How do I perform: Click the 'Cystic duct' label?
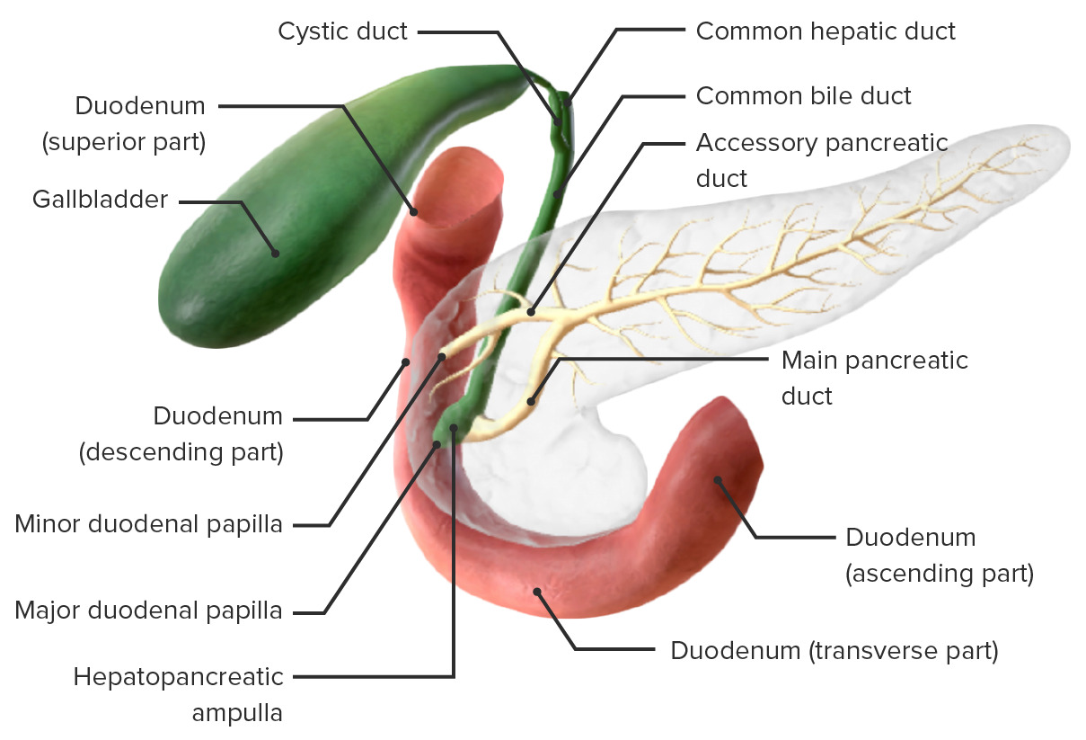click(342, 31)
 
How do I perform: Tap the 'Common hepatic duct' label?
click(826, 31)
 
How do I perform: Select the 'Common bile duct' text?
click(803, 95)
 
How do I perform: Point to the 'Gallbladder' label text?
click(100, 199)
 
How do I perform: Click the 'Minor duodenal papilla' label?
click(148, 523)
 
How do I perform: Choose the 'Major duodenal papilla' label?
click(148, 611)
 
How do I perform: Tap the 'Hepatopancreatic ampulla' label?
click(179, 694)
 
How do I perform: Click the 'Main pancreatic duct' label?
click(874, 378)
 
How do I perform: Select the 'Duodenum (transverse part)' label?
click(834, 650)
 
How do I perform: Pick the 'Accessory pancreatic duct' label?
click(821, 159)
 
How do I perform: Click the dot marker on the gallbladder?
click(275, 254)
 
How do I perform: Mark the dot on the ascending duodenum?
click(717, 480)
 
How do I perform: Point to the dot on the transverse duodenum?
click(537, 592)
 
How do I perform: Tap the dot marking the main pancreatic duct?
click(531, 401)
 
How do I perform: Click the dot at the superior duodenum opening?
click(415, 212)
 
